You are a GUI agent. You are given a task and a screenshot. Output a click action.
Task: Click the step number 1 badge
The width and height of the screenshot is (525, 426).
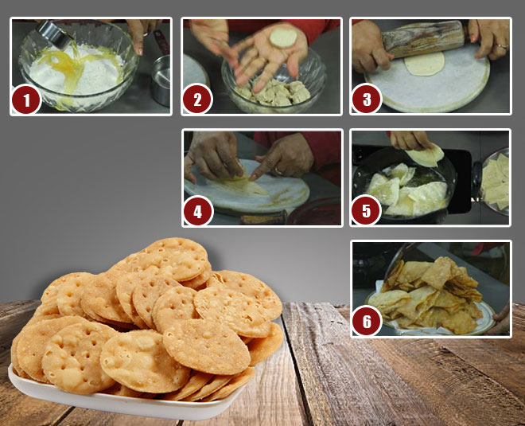(27, 100)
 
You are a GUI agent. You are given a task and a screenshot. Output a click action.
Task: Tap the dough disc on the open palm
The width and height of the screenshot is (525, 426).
(282, 37)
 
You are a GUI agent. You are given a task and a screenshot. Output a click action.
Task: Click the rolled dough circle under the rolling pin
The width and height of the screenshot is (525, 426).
(425, 64)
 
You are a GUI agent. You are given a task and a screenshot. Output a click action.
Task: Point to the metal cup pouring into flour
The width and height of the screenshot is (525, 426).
(52, 32)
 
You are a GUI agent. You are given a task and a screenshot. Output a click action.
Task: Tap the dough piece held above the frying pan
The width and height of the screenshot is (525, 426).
(426, 155)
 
